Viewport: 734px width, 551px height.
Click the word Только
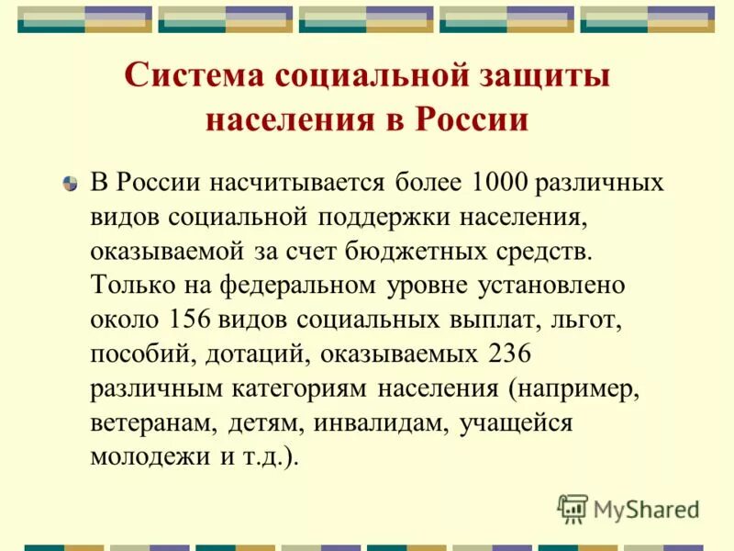coord(128,286)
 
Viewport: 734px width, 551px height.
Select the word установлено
coord(550,286)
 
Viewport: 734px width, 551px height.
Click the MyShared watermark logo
coord(629,508)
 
